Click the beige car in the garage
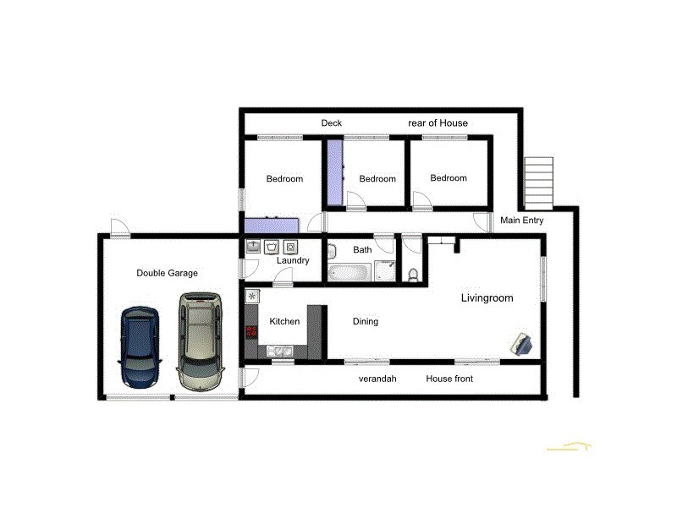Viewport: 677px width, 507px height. [200, 341]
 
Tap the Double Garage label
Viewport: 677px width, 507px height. [167, 273]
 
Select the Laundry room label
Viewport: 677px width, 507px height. [293, 260]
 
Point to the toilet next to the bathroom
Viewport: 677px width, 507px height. [412, 274]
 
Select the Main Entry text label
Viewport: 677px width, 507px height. [521, 221]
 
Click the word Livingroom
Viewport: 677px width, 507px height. [487, 298]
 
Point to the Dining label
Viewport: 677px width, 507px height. [365, 321]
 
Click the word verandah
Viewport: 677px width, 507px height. [377, 379]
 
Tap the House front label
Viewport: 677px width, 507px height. [449, 379]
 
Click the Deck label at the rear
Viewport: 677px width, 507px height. [331, 123]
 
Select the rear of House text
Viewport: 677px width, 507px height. [438, 123]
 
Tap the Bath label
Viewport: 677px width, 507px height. [362, 249]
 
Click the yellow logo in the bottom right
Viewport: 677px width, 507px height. [568, 445]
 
